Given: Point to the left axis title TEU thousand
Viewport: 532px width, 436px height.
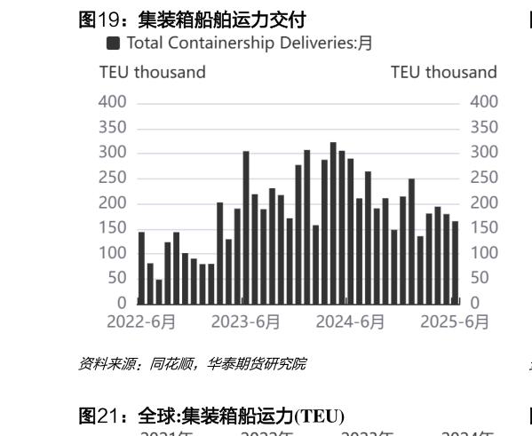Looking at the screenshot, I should point(152,72).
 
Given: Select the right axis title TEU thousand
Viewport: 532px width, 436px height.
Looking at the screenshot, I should point(443,72).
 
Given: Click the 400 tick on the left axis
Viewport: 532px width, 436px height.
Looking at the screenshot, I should point(113,102).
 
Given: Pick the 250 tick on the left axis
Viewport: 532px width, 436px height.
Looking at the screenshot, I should point(113,178).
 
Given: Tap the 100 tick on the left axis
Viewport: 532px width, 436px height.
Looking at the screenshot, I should point(113,253).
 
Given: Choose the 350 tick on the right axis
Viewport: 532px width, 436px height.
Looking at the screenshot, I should point(483,127).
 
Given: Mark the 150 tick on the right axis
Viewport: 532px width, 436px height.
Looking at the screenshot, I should point(483,228).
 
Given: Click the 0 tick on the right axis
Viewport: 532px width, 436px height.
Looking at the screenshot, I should point(474,304).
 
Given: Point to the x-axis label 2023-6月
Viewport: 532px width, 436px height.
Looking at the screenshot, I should point(246,322).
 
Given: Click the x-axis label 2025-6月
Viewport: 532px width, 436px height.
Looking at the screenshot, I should point(453,322).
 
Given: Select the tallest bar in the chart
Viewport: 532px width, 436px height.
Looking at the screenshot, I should point(333,223).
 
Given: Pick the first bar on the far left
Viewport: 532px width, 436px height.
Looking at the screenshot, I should point(141,267).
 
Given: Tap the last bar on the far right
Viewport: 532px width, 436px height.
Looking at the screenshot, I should point(456,262).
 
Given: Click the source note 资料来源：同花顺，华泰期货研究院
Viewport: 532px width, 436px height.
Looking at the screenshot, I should point(193,363).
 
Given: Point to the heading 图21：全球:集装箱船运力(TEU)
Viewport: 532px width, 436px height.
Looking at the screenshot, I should point(211,416).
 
